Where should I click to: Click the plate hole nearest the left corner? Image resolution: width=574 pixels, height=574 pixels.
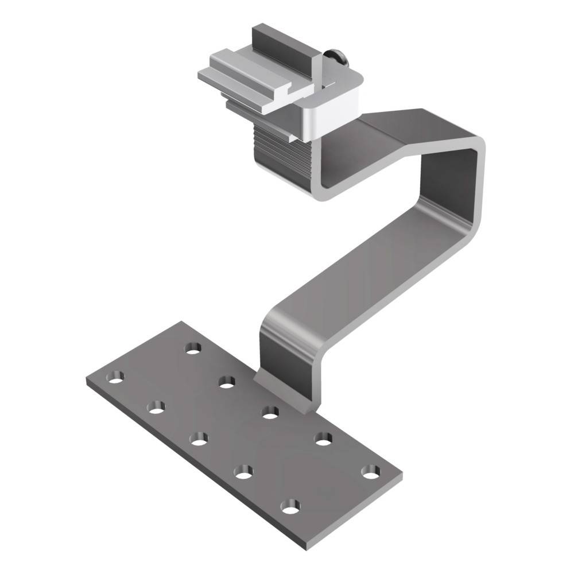pyautogui.click(x=117, y=377)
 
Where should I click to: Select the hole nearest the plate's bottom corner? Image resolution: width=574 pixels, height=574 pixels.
pyautogui.click(x=290, y=507)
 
